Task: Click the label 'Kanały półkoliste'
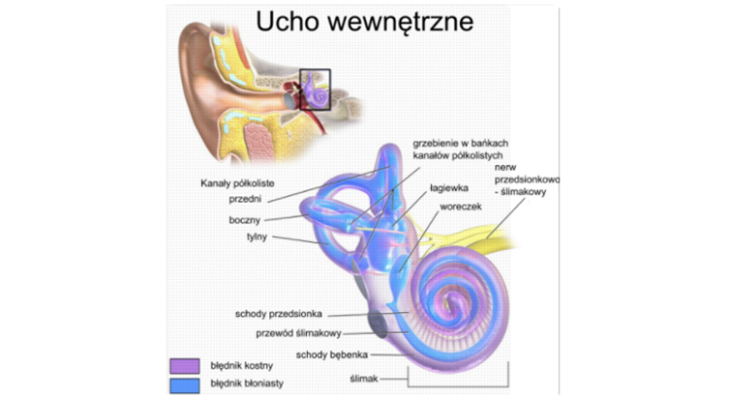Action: (x=238, y=182)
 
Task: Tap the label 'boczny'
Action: (x=245, y=221)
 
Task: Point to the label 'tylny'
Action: (x=255, y=237)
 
